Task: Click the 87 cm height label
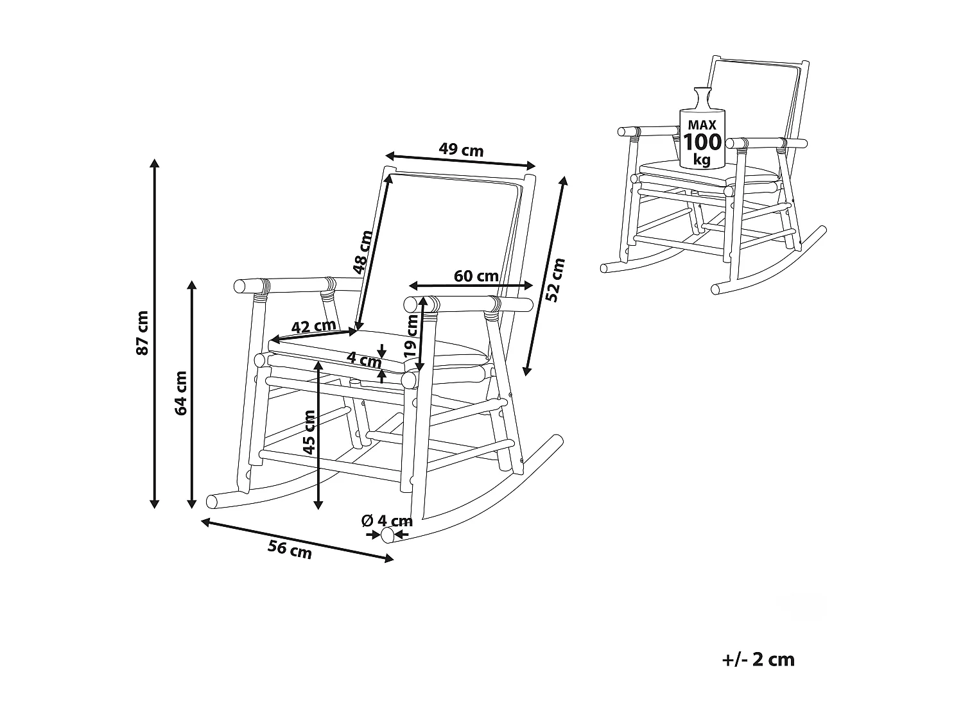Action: (143, 332)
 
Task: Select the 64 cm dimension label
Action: (182, 393)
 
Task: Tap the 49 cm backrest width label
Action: (461, 150)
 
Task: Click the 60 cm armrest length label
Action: (476, 276)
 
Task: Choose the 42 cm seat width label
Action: (313, 326)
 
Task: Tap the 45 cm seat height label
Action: (309, 433)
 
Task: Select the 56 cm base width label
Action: (290, 549)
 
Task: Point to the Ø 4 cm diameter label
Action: (386, 520)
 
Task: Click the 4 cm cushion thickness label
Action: (364, 359)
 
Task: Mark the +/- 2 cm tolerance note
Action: (758, 659)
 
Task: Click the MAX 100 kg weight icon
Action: (702, 132)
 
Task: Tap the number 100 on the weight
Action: (702, 141)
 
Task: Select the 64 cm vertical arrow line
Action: (191, 393)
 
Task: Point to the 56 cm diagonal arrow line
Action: (297, 540)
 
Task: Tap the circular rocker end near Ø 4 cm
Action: (387, 535)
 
